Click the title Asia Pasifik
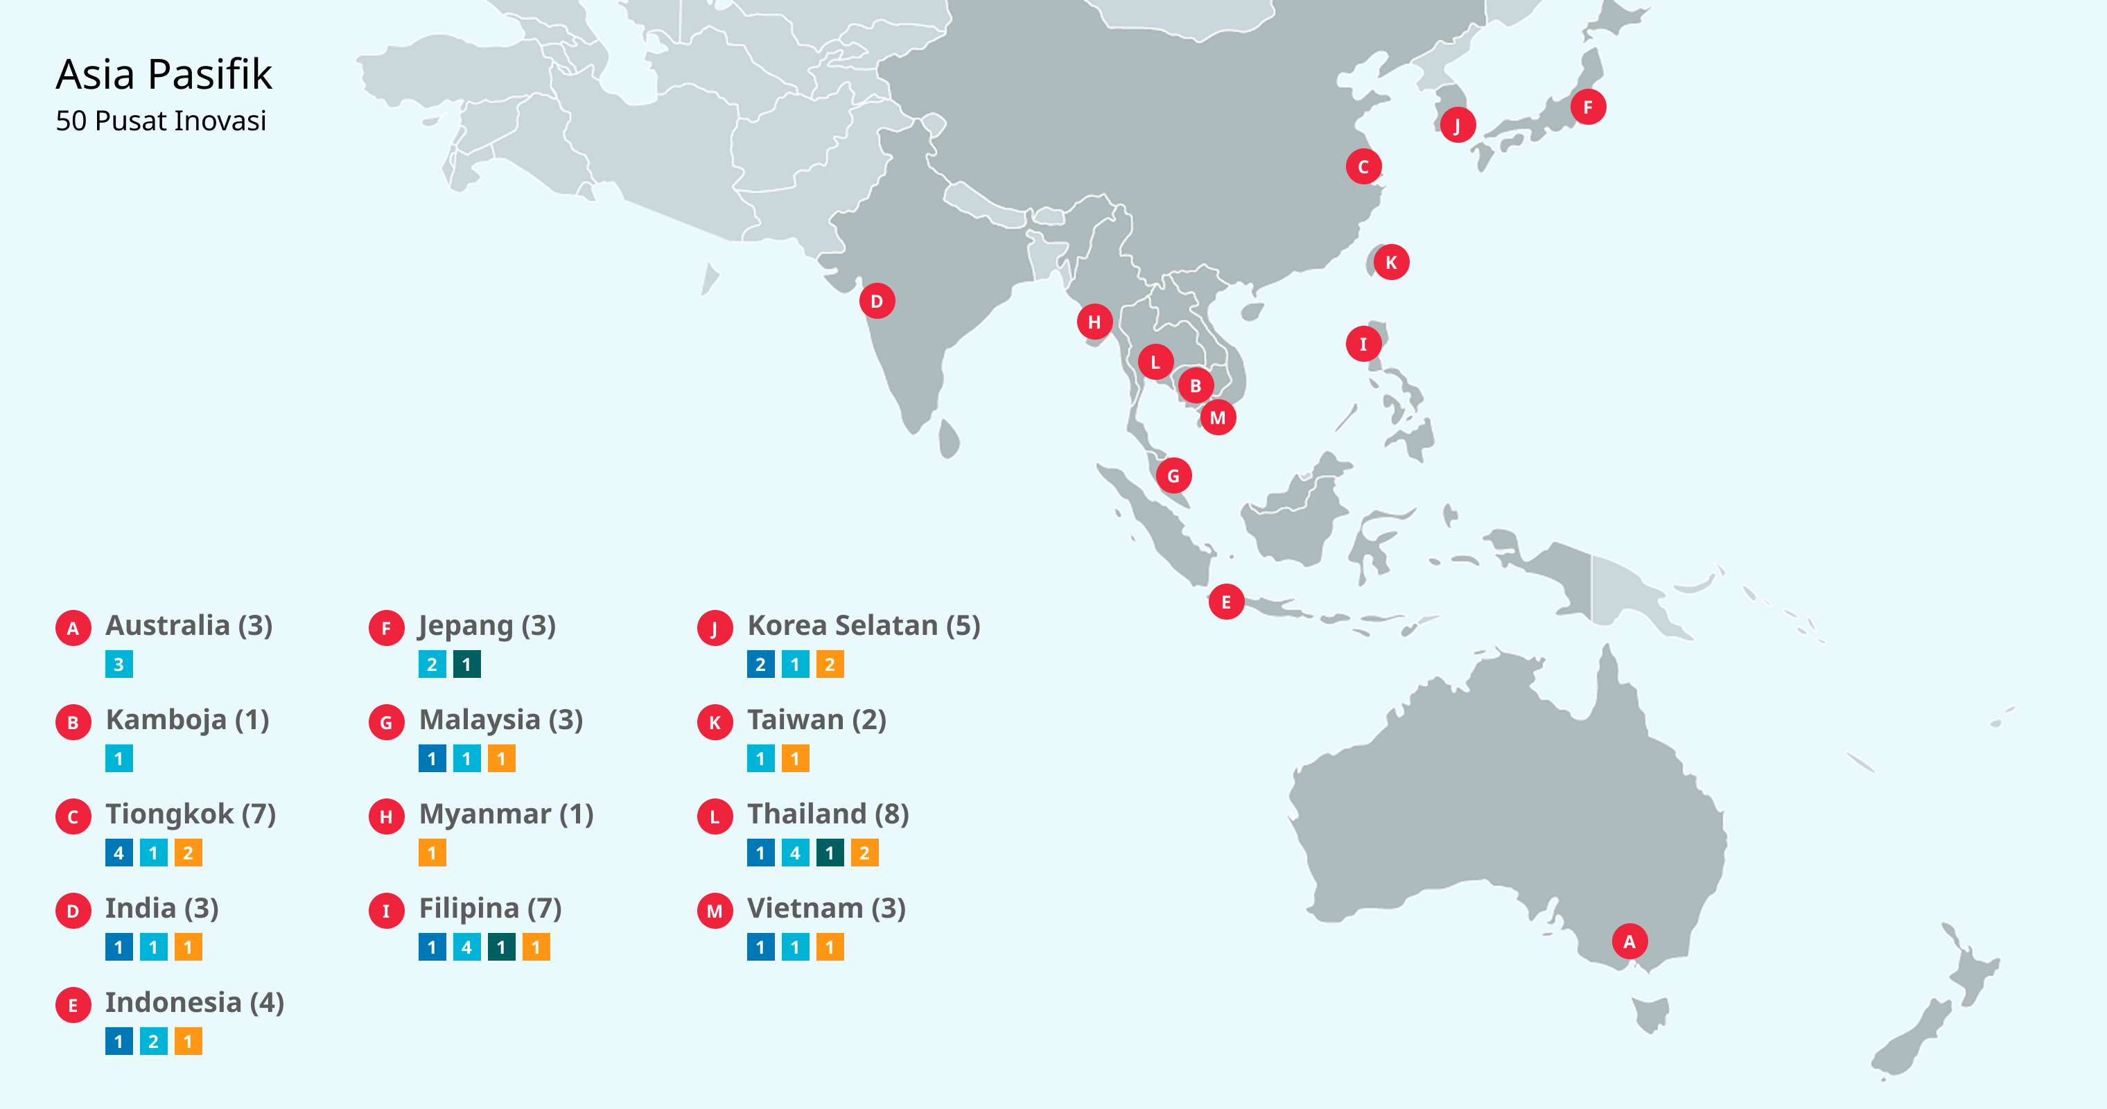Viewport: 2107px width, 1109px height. pyautogui.click(x=164, y=74)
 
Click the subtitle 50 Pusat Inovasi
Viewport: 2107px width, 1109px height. pyautogui.click(x=161, y=121)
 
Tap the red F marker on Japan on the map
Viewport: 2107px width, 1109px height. pyautogui.click(x=1588, y=107)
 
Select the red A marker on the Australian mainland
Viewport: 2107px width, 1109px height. pyautogui.click(x=1629, y=941)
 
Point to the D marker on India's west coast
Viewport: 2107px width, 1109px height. pyautogui.click(x=877, y=301)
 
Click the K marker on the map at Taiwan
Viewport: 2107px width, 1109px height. pyautogui.click(x=1390, y=263)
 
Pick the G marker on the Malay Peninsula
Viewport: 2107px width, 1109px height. pyautogui.click(x=1173, y=475)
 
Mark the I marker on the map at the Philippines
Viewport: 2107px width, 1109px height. pyautogui.click(x=1363, y=344)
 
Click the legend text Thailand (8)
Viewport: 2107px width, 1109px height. pyautogui.click(x=828, y=814)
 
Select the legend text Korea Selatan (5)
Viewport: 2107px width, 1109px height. pyautogui.click(x=863, y=626)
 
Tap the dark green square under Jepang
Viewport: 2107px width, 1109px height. pyautogui.click(x=467, y=664)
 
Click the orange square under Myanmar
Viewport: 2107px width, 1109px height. pyautogui.click(x=432, y=853)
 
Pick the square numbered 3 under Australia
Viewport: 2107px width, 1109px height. pyautogui.click(x=119, y=664)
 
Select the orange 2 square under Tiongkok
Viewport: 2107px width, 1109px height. pyautogui.click(x=188, y=853)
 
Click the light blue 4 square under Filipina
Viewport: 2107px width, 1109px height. pyautogui.click(x=467, y=947)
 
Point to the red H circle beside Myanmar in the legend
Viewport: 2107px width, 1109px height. pyautogui.click(x=386, y=817)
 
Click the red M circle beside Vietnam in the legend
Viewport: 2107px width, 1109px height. pyautogui.click(x=715, y=910)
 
